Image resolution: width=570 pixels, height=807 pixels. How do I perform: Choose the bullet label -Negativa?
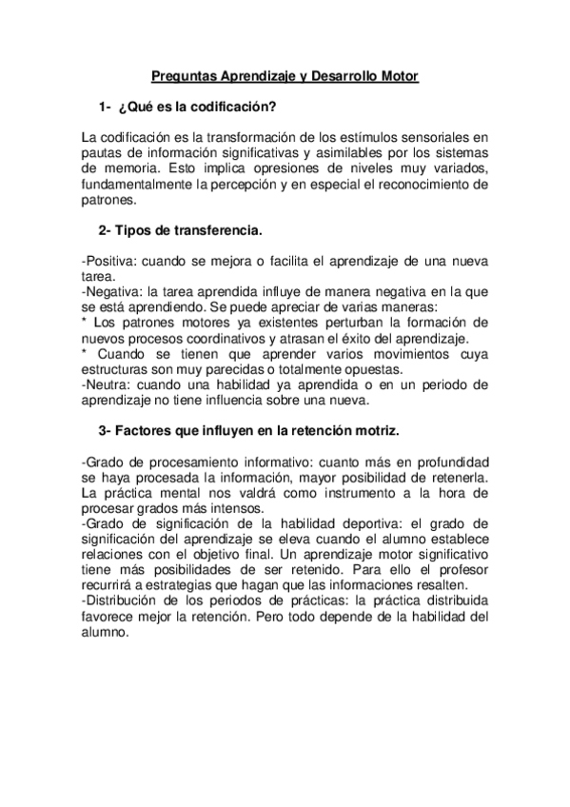click(x=112, y=292)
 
